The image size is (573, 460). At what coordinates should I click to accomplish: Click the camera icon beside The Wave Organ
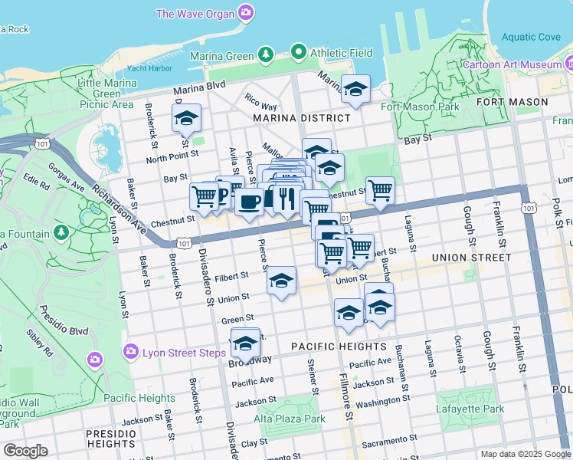pos(247,12)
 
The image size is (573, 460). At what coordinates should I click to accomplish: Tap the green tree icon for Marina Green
pos(265,54)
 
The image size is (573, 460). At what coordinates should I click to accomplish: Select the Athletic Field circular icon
pos(300,53)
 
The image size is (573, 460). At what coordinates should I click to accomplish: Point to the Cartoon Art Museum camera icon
pos(568,64)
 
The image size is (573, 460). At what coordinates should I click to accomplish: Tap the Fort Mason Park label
pos(420,107)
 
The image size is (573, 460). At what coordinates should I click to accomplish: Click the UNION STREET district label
pos(471,258)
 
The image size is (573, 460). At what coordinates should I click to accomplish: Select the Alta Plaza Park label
pos(290,419)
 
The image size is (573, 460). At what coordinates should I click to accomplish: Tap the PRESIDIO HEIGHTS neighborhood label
pos(111,439)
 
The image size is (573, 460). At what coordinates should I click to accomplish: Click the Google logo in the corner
pos(25,451)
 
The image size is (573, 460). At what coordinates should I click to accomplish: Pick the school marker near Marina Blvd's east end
pos(355,90)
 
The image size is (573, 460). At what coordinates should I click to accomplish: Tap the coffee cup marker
pos(249,202)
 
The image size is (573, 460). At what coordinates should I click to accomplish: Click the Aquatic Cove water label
pos(532,37)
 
